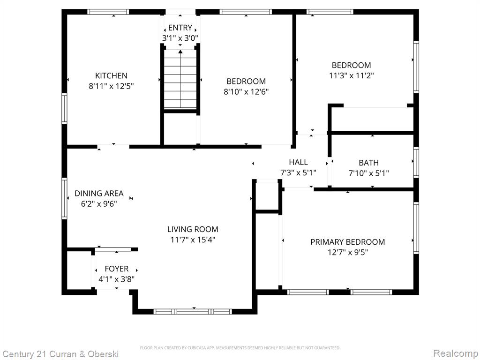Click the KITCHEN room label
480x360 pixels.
pos(111,75)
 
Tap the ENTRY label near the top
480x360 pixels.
pos(180,28)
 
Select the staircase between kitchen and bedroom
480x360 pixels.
pos(180,79)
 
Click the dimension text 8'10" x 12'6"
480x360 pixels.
pos(246,92)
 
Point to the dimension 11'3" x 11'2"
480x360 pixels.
pos(352,75)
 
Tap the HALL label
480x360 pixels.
pos(299,162)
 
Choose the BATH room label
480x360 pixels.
pos(368,163)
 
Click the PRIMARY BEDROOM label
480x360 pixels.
pos(348,242)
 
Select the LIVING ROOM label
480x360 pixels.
pos(193,229)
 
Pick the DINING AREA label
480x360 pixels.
pos(99,194)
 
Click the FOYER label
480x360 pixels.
pos(117,269)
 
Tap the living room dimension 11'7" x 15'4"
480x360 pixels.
pos(193,240)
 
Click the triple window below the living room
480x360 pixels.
pos(193,312)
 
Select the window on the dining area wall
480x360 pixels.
pos(64,198)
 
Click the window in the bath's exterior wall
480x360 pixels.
pos(416,163)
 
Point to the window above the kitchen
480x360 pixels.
pos(108,12)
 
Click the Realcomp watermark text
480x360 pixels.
pos(456,353)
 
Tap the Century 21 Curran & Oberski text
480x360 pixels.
pos(60,354)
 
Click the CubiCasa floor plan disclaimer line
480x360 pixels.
pos(240,348)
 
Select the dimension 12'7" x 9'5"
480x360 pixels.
pos(348,253)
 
